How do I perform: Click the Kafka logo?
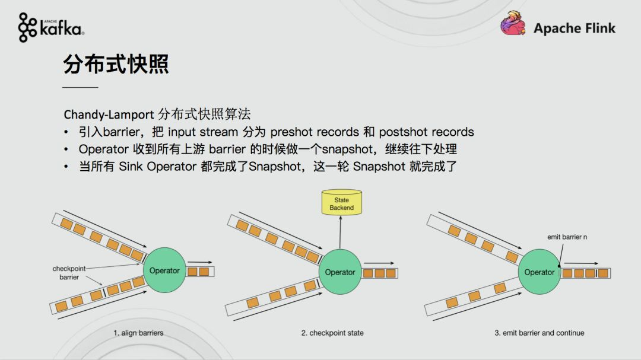coord(51,27)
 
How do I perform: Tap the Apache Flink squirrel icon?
coord(513,23)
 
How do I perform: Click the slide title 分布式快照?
coord(116,63)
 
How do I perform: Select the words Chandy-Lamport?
coord(109,114)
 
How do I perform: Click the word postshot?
coord(402,132)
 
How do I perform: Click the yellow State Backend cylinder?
coord(341,202)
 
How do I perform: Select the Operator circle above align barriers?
coord(164,270)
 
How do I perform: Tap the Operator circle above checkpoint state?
coord(340,272)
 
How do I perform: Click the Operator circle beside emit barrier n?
coord(540,272)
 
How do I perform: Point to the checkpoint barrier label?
coord(69,273)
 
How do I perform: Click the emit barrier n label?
coord(567,237)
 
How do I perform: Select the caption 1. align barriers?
coord(138,333)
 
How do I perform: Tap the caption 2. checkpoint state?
coord(332,333)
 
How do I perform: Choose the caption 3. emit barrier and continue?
coord(539,333)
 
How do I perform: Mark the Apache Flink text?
coord(575,28)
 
